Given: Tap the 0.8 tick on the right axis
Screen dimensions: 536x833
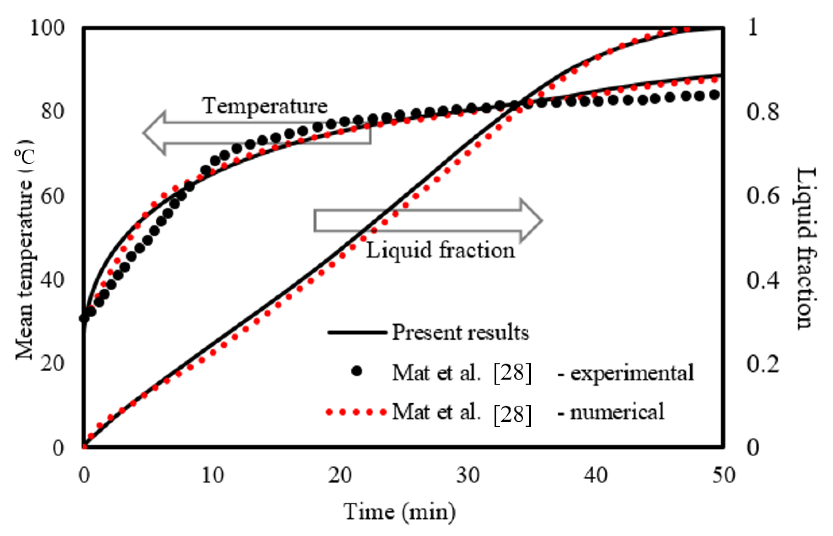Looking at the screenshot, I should coord(762,113).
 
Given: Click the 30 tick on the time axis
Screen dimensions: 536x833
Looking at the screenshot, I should coord(468,475).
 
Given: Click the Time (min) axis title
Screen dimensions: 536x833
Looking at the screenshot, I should coord(400,512).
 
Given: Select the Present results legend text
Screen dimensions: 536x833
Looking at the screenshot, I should coord(460,332).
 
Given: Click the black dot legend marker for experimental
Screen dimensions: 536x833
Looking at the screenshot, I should coord(357,371).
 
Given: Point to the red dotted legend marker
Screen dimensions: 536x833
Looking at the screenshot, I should coord(356,412).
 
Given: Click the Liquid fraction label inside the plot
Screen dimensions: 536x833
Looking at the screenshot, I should coord(440,250).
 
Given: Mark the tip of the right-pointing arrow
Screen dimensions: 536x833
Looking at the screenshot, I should coord(542,220).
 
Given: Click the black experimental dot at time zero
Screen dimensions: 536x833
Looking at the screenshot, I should coord(84,318).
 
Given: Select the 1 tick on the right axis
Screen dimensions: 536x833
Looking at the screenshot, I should coord(753,28).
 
